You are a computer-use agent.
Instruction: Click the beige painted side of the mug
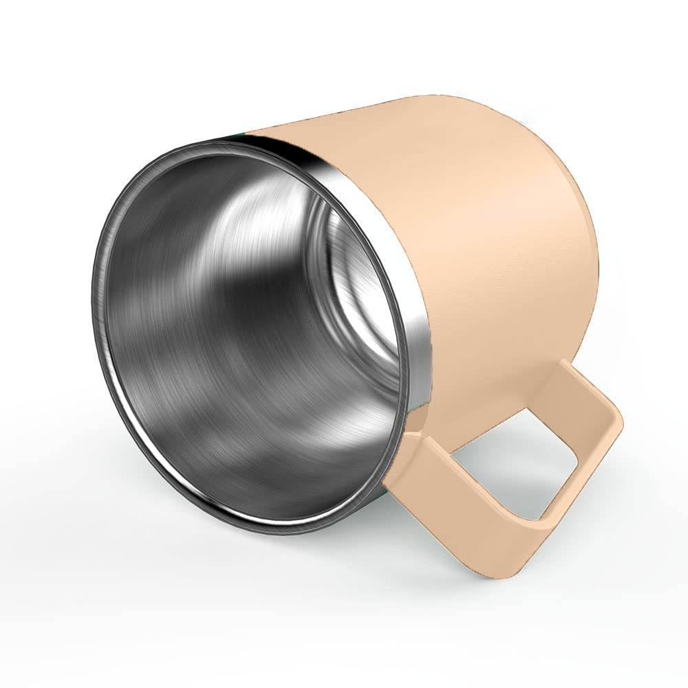click(x=482, y=227)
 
